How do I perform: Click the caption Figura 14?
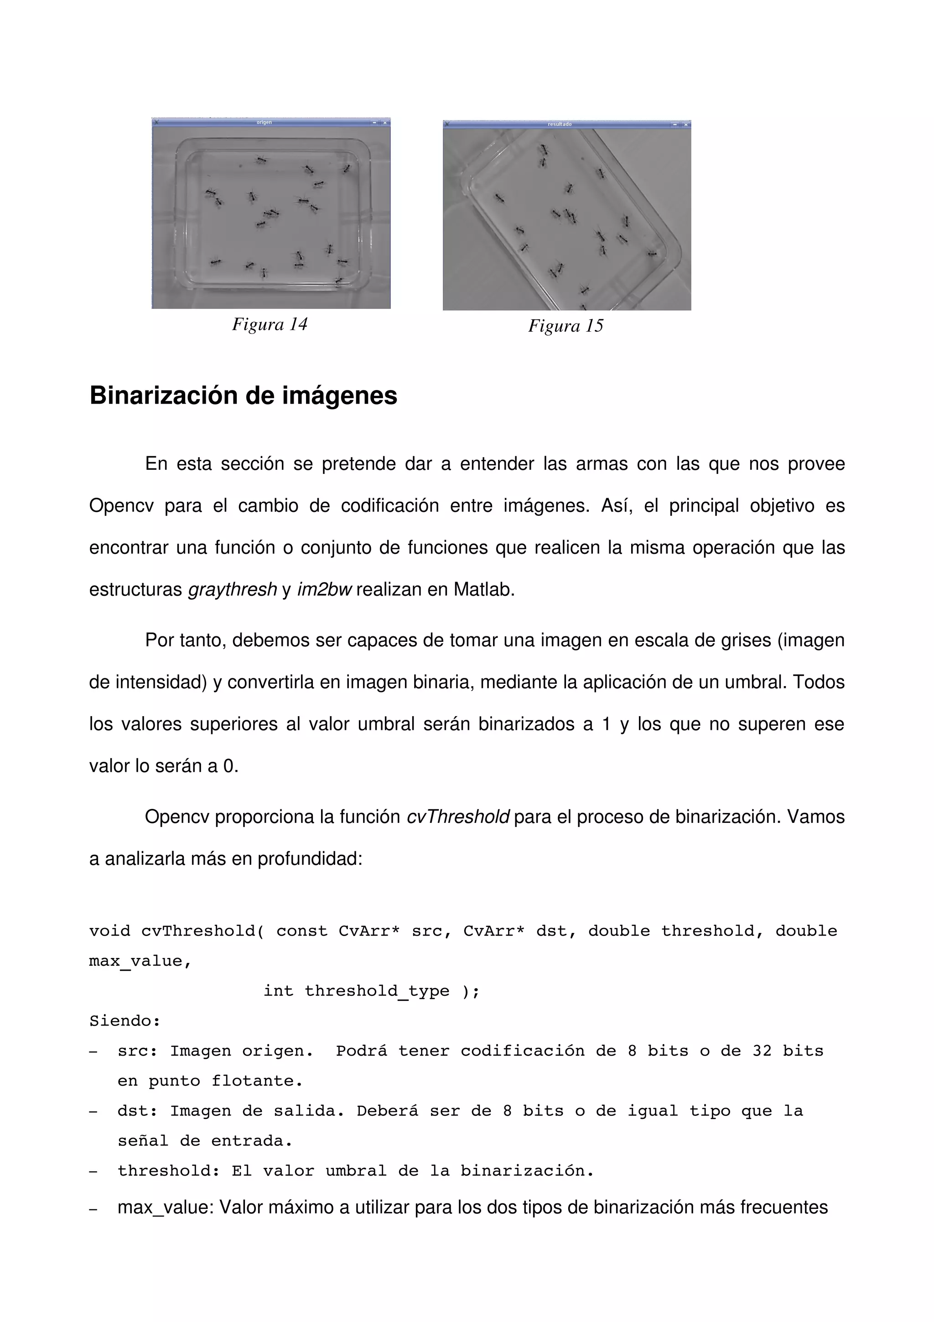pyautogui.click(x=270, y=325)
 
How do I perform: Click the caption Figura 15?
pyautogui.click(x=565, y=327)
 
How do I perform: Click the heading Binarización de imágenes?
pyautogui.click(x=243, y=396)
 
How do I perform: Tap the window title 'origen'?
pyautogui.click(x=264, y=122)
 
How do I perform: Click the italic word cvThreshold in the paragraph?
pyautogui.click(x=457, y=817)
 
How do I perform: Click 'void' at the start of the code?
pyautogui.click(x=109, y=931)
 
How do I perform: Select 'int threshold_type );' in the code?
pyautogui.click(x=371, y=991)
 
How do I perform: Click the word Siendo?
pyautogui.click(x=125, y=1021)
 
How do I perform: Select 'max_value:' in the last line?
pyautogui.click(x=166, y=1207)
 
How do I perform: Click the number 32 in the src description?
pyautogui.click(x=762, y=1051)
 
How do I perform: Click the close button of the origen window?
pyautogui.click(x=385, y=122)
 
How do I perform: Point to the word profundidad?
pyautogui.click(x=310, y=859)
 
